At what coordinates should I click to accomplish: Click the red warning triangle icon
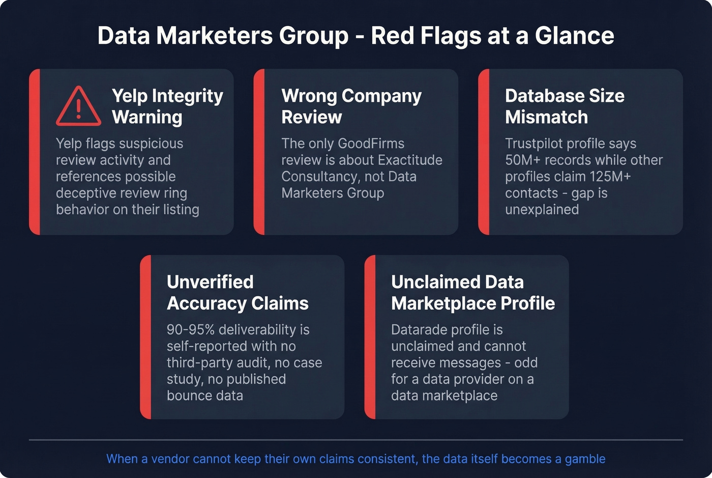pyautogui.click(x=78, y=106)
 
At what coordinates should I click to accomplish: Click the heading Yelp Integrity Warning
pyautogui.click(x=167, y=106)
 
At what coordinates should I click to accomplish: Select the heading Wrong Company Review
pyautogui.click(x=351, y=106)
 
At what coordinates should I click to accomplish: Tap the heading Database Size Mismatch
pyautogui.click(x=564, y=106)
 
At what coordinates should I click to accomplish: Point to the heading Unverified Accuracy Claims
pyautogui.click(x=237, y=292)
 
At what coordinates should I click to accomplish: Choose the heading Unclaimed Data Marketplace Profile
pyautogui.click(x=472, y=292)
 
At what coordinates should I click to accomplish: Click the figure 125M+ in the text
pyautogui.click(x=610, y=177)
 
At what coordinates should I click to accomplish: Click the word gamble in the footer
pyautogui.click(x=585, y=459)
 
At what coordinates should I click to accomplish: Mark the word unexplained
pyautogui.click(x=542, y=209)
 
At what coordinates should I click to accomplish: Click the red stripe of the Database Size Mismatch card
pyautogui.click(x=484, y=152)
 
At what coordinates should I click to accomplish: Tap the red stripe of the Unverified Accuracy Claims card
pyautogui.click(x=146, y=337)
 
